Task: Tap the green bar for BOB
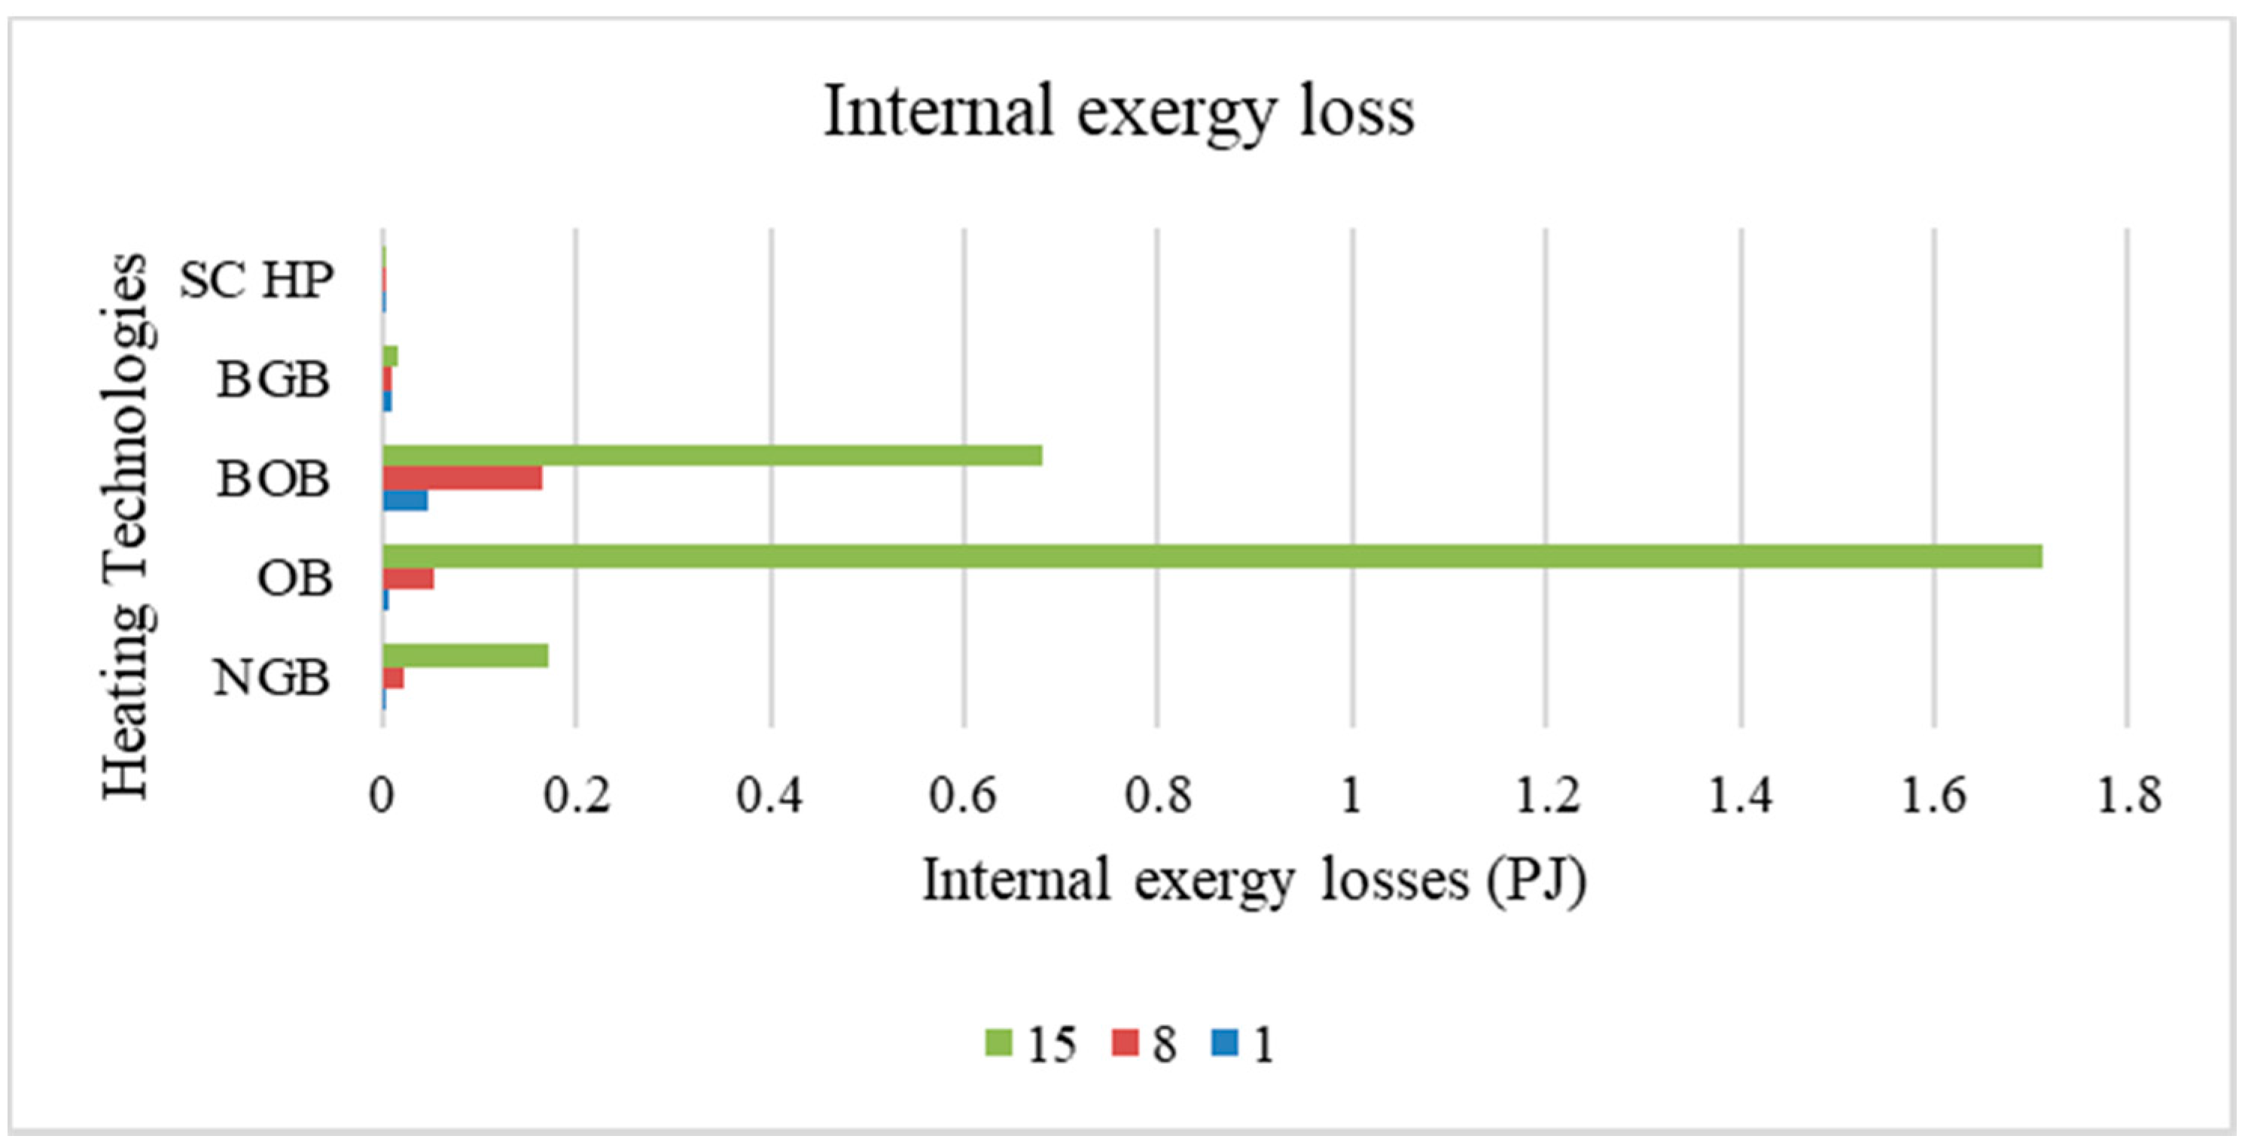click(x=711, y=455)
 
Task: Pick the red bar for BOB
click(x=461, y=478)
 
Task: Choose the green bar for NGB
click(x=465, y=655)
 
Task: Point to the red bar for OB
click(x=407, y=579)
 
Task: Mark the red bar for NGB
click(x=393, y=678)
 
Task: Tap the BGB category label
click(x=273, y=381)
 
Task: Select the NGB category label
click(x=271, y=678)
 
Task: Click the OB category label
click(x=294, y=579)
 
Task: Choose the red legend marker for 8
click(x=1126, y=1043)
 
